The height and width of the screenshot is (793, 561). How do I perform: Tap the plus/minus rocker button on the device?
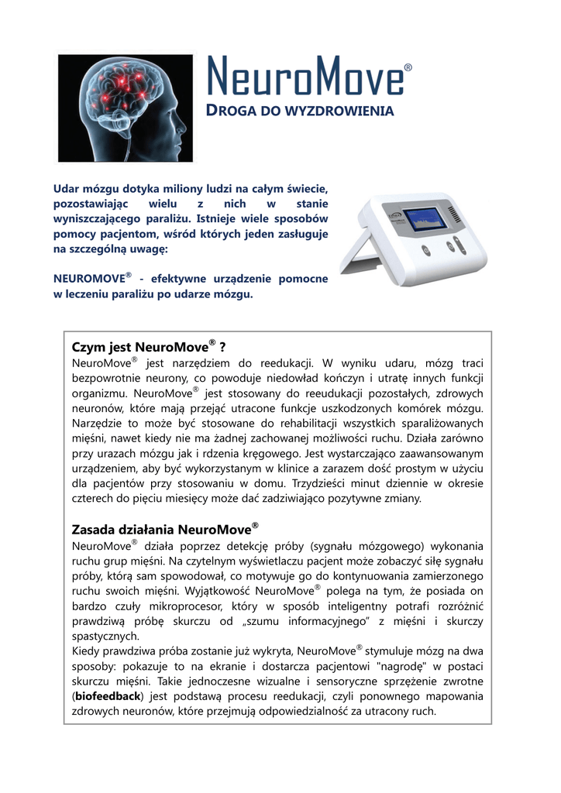point(459,246)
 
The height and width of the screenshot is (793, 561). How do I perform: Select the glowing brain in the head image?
point(129,89)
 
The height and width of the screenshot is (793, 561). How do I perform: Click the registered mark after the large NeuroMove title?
point(408,68)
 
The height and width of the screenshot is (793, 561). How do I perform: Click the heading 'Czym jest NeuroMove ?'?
point(148,345)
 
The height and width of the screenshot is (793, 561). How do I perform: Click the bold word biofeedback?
point(112,695)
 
